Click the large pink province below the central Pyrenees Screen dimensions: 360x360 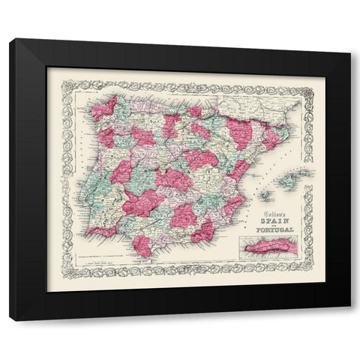(x=239, y=132)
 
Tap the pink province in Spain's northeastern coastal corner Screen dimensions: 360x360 (x=273, y=136)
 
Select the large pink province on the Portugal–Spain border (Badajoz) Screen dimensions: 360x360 (x=140, y=202)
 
